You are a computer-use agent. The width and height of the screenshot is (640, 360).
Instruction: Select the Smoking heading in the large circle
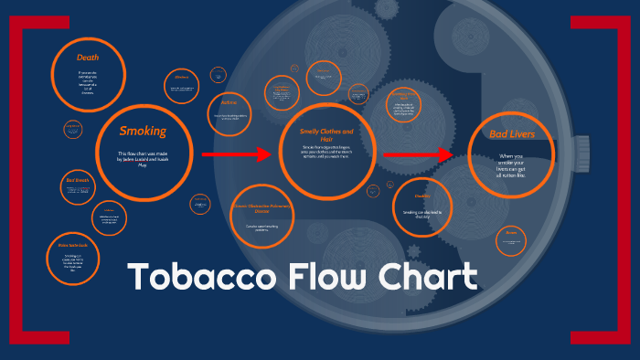(x=143, y=132)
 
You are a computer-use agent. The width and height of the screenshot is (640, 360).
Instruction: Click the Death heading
(x=89, y=58)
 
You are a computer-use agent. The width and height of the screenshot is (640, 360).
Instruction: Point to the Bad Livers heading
(x=512, y=134)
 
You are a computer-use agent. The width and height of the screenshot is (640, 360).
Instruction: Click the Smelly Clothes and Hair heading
(x=326, y=135)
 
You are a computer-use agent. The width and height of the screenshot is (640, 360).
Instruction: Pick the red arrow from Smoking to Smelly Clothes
(x=236, y=154)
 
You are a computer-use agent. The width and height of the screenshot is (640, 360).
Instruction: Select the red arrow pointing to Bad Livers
(x=417, y=154)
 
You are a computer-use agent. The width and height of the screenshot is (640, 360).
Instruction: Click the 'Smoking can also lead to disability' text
(x=421, y=215)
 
